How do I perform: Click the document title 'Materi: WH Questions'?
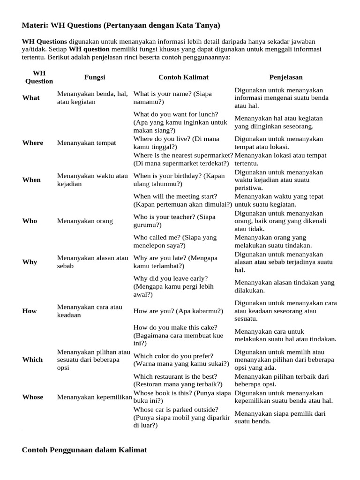(x=121, y=25)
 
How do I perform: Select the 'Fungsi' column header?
(x=94, y=77)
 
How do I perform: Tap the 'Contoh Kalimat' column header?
(x=183, y=77)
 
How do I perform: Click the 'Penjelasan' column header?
(x=285, y=77)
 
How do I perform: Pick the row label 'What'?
(x=31, y=98)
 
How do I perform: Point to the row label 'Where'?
(x=32, y=143)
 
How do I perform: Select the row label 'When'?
(x=31, y=180)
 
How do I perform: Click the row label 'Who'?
(x=30, y=221)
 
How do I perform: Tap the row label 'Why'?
(x=30, y=262)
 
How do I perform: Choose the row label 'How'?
(x=30, y=311)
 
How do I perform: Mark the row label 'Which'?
(x=32, y=360)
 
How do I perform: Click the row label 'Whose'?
(x=33, y=397)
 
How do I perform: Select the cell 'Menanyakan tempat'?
(x=86, y=143)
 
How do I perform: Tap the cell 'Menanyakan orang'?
(x=85, y=221)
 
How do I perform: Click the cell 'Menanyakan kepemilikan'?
(x=94, y=397)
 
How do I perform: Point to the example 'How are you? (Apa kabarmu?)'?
(x=178, y=311)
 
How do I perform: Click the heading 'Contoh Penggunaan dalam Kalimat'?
(x=84, y=450)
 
